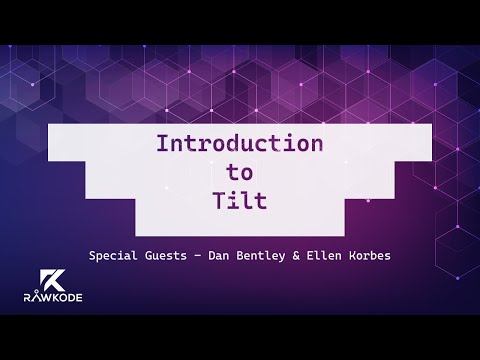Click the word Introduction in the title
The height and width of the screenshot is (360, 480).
point(240,143)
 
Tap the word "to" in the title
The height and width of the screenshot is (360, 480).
point(240,171)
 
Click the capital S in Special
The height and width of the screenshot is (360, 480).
point(92,255)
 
